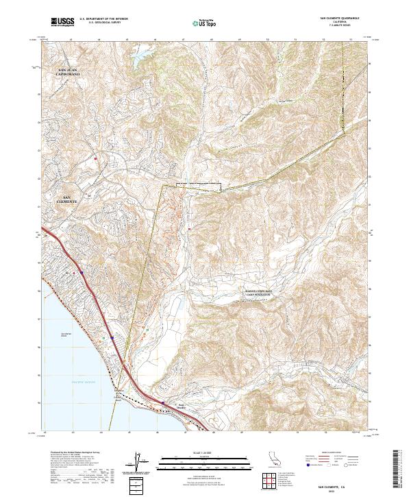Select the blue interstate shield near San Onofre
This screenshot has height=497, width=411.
point(163,403)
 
